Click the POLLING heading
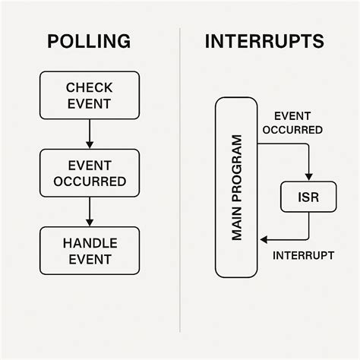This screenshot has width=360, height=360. pyautogui.click(x=89, y=41)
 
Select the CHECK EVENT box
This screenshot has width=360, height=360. pyautogui.click(x=90, y=96)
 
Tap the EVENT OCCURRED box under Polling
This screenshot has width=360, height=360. pyautogui.click(x=90, y=173)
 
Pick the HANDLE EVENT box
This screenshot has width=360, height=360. pyautogui.click(x=90, y=251)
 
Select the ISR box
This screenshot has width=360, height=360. pyautogui.click(x=308, y=197)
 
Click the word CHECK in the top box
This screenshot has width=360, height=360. pyautogui.click(x=90, y=88)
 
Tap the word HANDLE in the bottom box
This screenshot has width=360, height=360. pyautogui.click(x=90, y=242)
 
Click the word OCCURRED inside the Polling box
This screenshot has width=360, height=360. pyautogui.click(x=90, y=182)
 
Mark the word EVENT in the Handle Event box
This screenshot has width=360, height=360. pyautogui.click(x=90, y=260)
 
